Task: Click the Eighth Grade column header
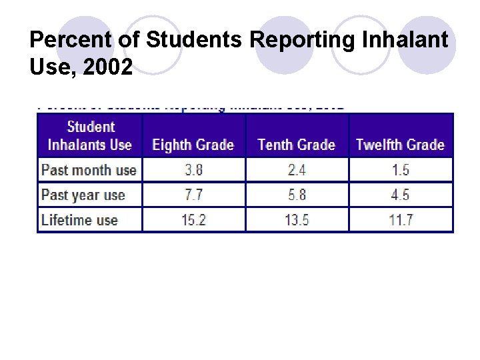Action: pos(193,145)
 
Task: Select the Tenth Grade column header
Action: pos(297,145)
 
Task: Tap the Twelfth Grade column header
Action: pos(400,145)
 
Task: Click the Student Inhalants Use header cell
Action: pos(90,135)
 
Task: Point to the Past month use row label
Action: pos(89,170)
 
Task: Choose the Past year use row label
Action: pos(83,195)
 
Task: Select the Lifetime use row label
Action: pos(79,220)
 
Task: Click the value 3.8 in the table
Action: pos(193,170)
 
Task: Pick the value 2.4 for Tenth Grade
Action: pos(297,170)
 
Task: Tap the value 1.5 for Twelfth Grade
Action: pos(401,170)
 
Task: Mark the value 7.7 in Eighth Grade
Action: pos(193,195)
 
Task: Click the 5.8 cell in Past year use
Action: pos(297,195)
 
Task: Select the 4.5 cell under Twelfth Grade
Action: pos(401,195)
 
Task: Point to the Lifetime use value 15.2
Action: pos(193,220)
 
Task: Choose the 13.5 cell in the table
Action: pos(297,220)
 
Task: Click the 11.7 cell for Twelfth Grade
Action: pos(401,220)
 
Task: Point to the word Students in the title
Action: pos(196,41)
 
